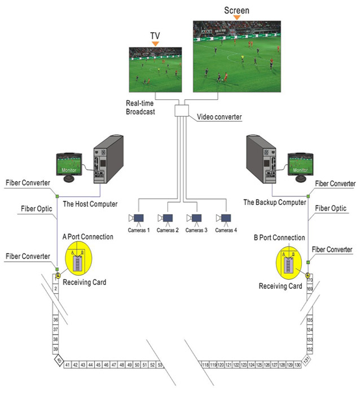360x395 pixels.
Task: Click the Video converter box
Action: point(182,110)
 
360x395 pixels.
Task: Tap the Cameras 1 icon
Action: point(138,218)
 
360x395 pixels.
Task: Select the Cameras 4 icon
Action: point(225,218)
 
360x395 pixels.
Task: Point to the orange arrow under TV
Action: point(154,43)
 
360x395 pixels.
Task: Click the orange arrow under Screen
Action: point(237,17)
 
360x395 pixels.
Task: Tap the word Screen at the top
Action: point(237,10)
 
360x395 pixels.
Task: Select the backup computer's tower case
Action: point(261,160)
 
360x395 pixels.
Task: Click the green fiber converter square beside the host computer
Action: point(57,196)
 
